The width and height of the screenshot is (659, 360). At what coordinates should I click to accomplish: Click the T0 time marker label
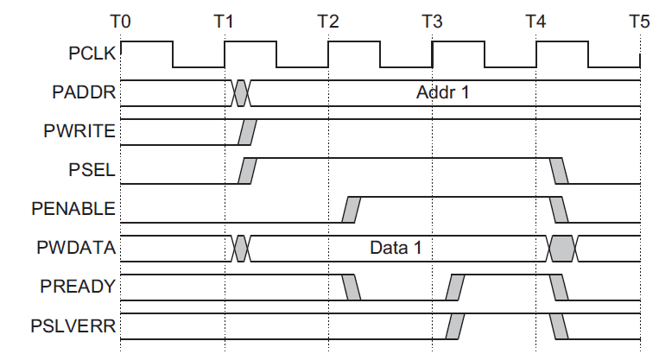[121, 21]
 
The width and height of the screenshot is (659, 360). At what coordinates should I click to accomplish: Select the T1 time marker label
[225, 21]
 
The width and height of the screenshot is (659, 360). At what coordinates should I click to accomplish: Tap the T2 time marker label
[328, 21]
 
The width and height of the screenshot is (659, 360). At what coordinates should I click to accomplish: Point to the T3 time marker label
[432, 21]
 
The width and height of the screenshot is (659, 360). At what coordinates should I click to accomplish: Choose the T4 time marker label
[535, 21]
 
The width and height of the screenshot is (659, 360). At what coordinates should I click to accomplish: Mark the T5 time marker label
[638, 21]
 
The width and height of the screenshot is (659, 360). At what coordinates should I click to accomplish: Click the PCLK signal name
[92, 54]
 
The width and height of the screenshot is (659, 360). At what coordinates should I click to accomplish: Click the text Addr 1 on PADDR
[442, 92]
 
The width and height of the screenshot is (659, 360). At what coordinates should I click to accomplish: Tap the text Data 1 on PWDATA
[396, 249]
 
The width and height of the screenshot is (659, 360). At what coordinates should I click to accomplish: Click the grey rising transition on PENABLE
[352, 209]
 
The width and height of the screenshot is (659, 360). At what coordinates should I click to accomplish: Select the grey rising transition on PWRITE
[247, 131]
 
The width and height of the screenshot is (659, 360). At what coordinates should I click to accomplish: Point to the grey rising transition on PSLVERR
[455, 327]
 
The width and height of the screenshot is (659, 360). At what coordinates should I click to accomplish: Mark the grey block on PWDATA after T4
[562, 249]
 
